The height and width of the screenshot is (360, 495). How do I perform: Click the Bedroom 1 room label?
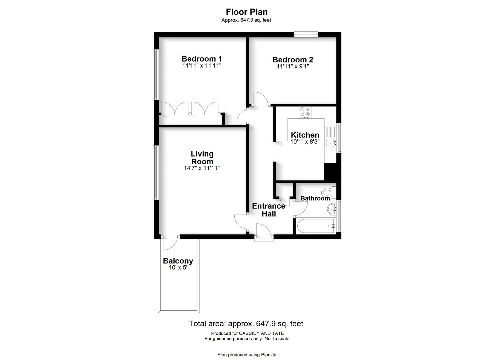point(202,59)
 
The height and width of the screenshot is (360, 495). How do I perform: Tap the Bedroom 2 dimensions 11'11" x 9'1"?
point(293,66)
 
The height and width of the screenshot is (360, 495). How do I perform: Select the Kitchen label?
point(305,135)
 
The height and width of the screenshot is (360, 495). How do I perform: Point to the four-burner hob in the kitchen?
point(305,112)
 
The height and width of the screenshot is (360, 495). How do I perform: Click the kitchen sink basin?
point(331,143)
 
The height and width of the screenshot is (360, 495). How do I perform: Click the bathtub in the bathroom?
point(316,226)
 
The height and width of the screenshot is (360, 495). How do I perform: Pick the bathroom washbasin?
point(332,209)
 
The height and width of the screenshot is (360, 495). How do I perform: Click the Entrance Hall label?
point(269,210)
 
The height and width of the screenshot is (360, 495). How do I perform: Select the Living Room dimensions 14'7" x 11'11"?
point(202,168)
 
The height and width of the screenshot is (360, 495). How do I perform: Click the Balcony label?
point(178,261)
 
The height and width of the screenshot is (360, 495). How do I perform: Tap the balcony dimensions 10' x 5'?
point(178,268)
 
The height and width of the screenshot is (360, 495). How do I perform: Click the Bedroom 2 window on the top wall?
point(306,34)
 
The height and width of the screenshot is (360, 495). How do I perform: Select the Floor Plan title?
point(247,12)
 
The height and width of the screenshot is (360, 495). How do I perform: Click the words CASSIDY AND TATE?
point(262,333)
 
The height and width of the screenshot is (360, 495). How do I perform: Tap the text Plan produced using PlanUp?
point(247,355)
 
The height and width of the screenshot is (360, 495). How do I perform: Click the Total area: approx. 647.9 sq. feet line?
point(246,324)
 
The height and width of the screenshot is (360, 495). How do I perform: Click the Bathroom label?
point(315,198)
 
